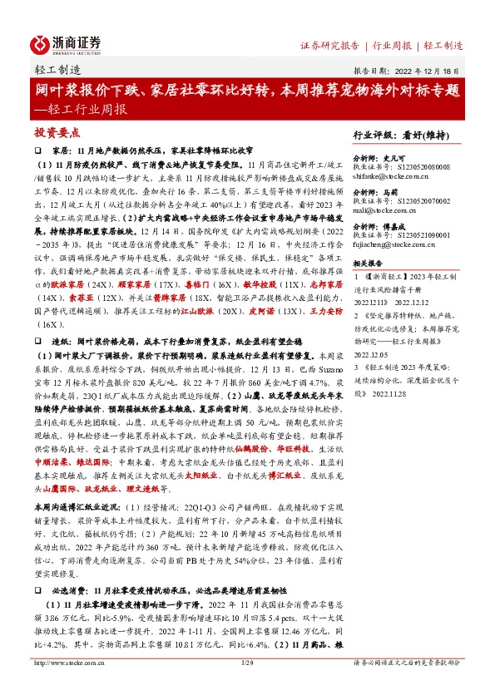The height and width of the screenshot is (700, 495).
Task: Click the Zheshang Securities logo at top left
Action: pos(66,44)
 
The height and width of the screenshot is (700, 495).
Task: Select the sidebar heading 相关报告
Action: pos(369,259)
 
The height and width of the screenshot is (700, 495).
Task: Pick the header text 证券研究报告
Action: pos(329,46)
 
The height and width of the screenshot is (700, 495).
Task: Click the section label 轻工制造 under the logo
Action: pos(58,71)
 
